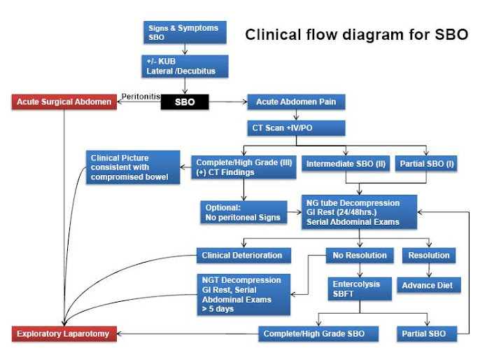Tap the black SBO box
[x=185, y=102]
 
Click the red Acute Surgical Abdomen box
[x=64, y=102]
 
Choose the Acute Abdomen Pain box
[x=296, y=102]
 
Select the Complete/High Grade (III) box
[x=243, y=169]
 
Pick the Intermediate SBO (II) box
[x=345, y=164]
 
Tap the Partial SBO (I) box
[x=426, y=164]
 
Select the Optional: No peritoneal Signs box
[x=243, y=212]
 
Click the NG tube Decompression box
[x=359, y=212]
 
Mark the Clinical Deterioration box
[x=242, y=256]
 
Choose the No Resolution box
[x=360, y=256]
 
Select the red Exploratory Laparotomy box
[x=64, y=333]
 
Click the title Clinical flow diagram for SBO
[x=356, y=35]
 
